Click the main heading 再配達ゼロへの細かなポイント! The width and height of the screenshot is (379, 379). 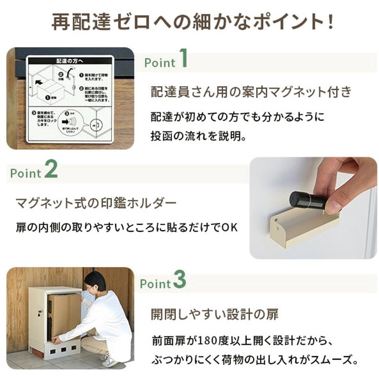click(x=192, y=23)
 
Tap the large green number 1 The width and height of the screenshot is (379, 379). click(x=183, y=60)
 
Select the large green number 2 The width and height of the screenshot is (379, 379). click(x=51, y=170)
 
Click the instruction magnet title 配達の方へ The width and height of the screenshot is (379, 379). click(x=71, y=61)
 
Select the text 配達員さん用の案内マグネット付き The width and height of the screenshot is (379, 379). click(x=252, y=92)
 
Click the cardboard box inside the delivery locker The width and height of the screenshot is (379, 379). click(x=63, y=312)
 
